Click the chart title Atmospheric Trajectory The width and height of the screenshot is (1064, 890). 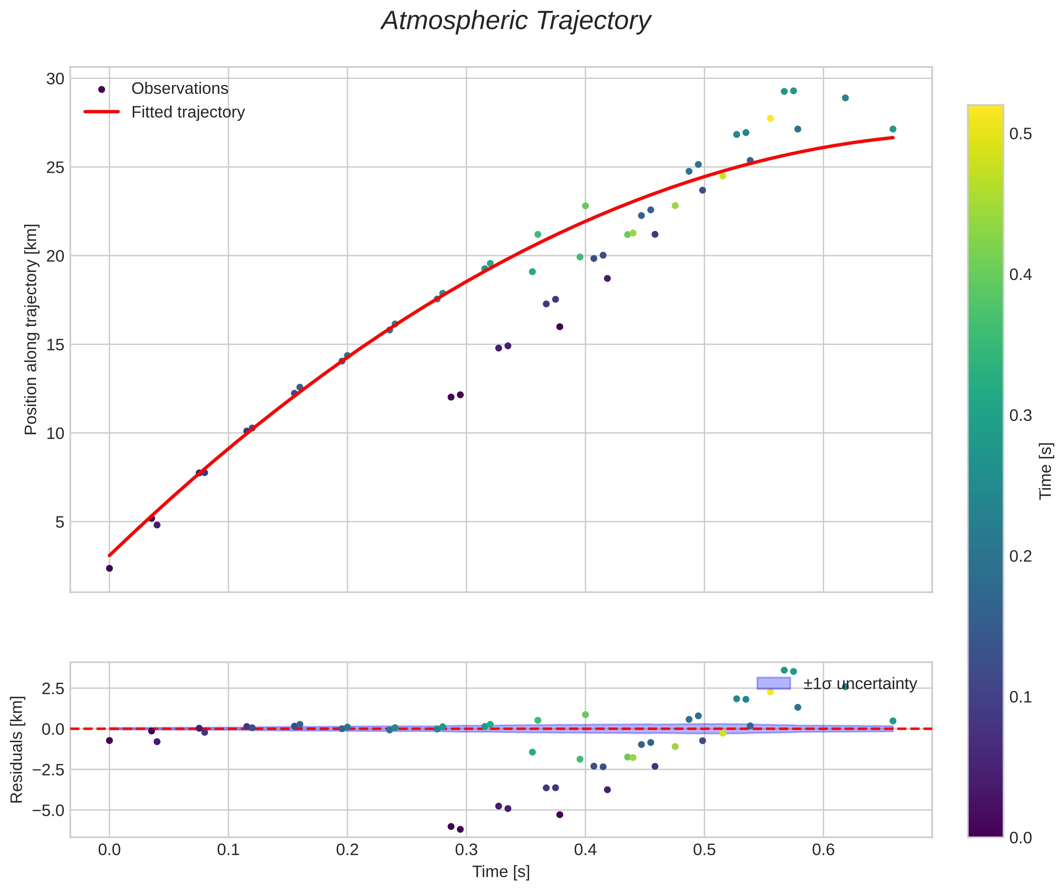point(516,21)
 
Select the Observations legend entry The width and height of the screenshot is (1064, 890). point(180,89)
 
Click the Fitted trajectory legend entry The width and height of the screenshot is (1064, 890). point(187,112)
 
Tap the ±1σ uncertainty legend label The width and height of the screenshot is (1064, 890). point(860,684)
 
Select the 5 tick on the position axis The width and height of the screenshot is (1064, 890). point(60,522)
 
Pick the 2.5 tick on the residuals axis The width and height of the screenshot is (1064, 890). point(53,688)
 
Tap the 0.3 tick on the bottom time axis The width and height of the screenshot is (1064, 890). point(466,850)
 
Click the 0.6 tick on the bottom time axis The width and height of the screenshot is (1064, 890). point(823,850)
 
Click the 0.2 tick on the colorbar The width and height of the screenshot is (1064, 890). point(1020,556)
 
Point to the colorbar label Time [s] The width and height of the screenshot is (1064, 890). point(1046,471)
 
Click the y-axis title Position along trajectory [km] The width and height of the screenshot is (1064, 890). point(31,329)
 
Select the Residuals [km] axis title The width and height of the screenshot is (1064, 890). point(17,750)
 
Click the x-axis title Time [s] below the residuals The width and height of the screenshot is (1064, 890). point(501,872)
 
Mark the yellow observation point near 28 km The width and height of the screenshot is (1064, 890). point(770,118)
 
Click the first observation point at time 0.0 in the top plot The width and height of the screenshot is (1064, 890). point(109,568)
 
